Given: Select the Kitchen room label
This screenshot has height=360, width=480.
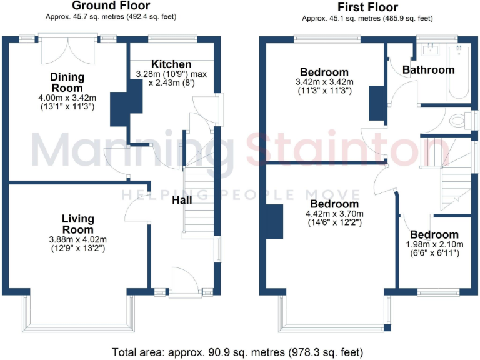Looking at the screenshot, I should click(171, 64).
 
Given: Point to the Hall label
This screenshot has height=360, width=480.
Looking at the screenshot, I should click(182, 200).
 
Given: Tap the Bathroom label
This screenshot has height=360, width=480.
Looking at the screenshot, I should click(428, 69).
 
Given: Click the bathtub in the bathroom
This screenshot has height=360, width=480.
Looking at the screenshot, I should click(460, 75).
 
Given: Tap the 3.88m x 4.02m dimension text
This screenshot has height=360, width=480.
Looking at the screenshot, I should click(78, 239).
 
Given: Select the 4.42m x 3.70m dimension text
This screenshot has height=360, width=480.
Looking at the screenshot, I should click(334, 213).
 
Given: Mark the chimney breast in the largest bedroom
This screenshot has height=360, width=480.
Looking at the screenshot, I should click(273, 221).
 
